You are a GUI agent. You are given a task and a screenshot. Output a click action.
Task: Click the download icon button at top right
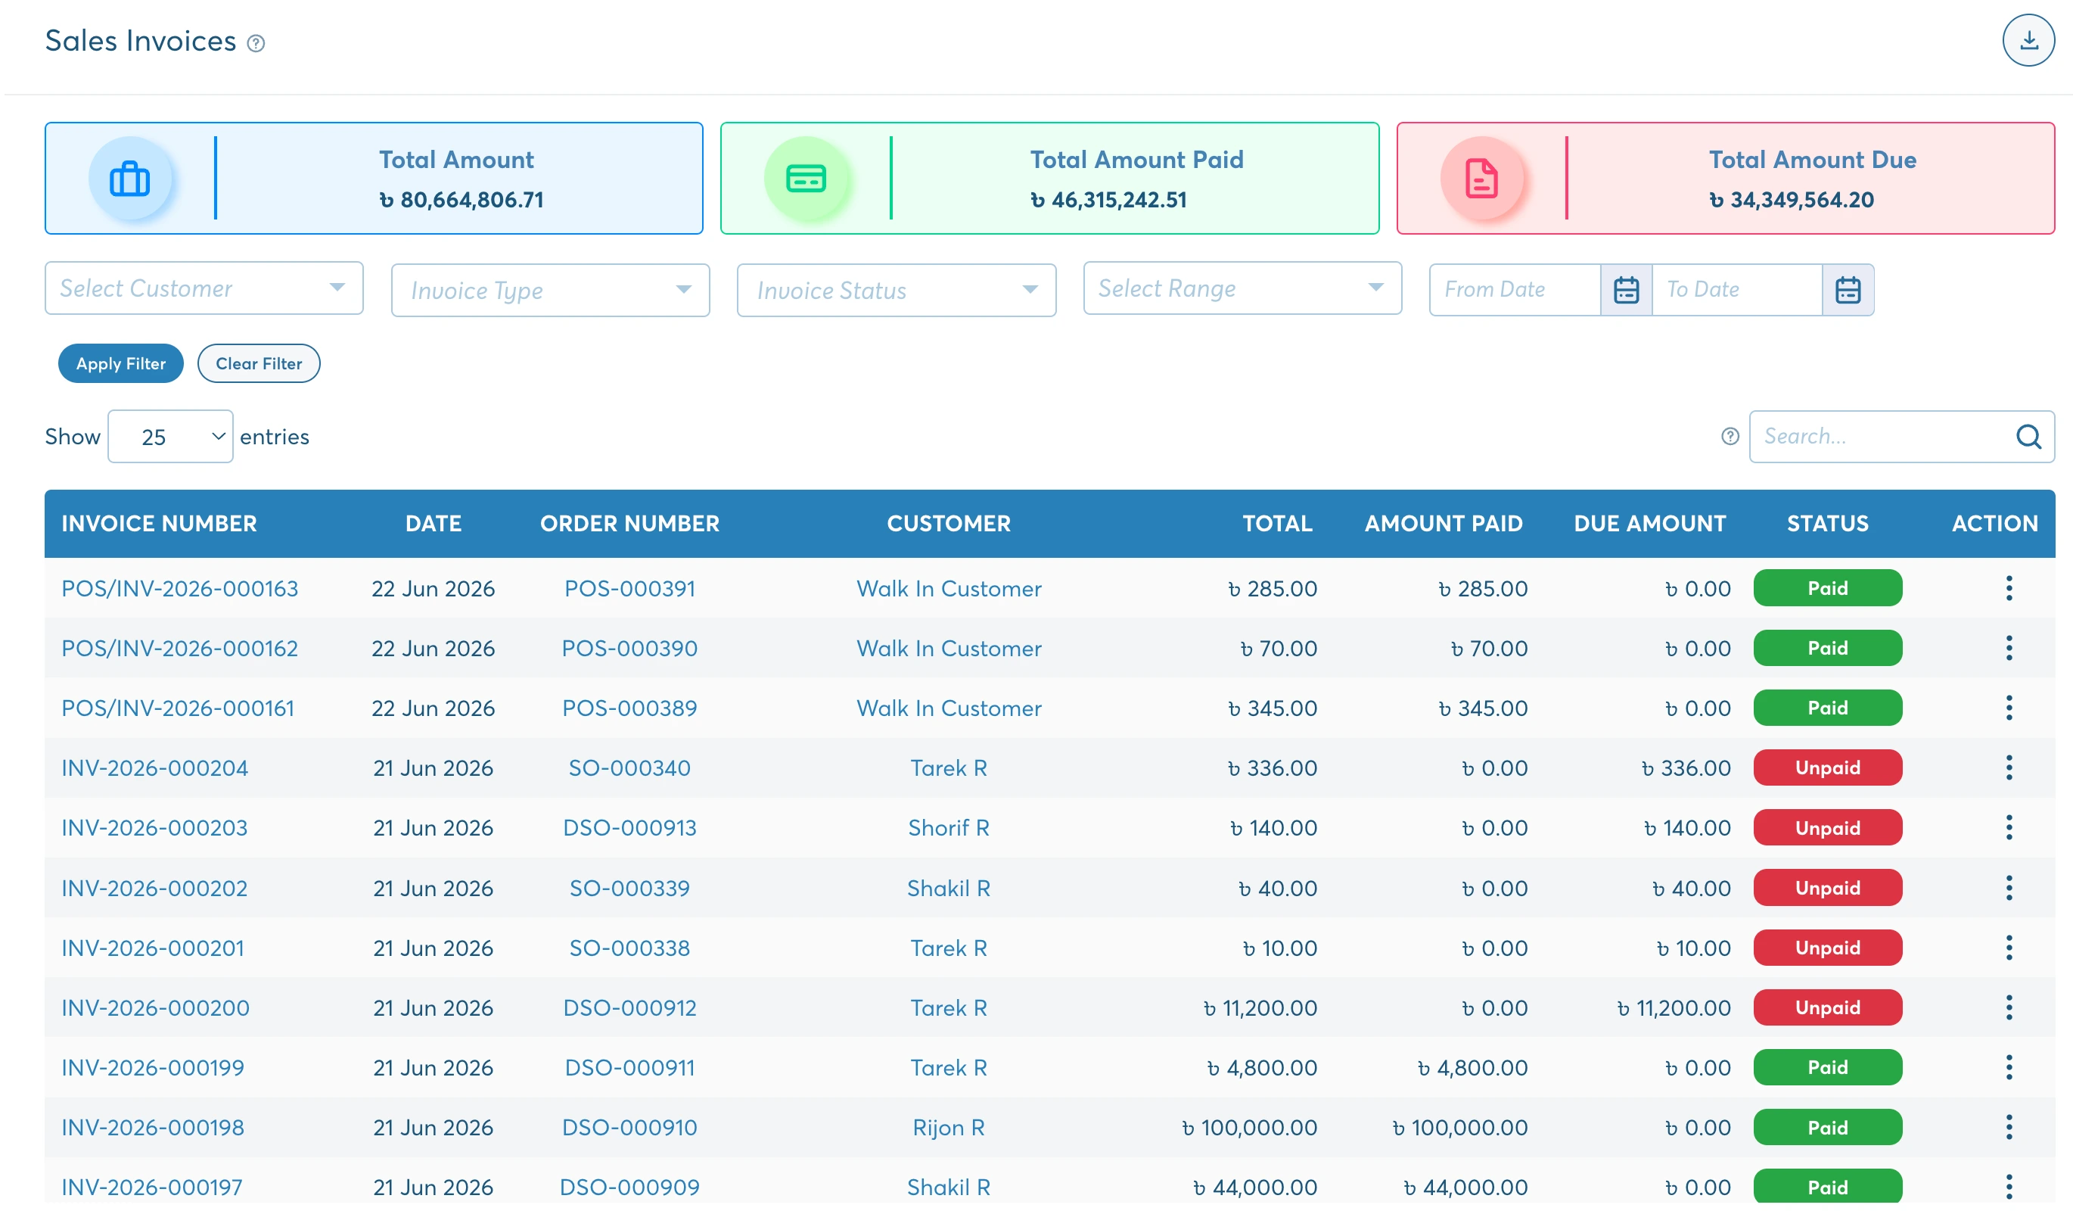pos(2028,40)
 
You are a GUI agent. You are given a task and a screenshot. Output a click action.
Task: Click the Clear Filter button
pos(258,363)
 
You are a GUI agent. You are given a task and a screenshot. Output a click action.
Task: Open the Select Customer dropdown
pos(204,288)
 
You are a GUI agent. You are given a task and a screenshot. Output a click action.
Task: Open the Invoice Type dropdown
pos(550,291)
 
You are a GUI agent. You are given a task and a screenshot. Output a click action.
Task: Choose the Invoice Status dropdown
pos(897,291)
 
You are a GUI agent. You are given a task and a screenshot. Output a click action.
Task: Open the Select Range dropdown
pos(1242,288)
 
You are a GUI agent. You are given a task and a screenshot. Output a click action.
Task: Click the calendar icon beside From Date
pos(1626,290)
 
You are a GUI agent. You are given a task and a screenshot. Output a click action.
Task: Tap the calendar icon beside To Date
pos(1848,290)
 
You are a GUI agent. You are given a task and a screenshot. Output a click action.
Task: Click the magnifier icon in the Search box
pos(2028,437)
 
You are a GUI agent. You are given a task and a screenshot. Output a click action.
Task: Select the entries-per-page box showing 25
pos(170,437)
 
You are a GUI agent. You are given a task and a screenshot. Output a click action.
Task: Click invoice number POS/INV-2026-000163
pos(179,589)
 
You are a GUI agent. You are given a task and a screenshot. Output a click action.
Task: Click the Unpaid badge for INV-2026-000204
pos(1827,768)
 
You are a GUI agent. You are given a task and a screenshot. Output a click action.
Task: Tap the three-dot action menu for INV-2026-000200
pos(2008,1008)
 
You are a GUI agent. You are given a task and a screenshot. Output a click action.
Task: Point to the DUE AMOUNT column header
pos(1649,524)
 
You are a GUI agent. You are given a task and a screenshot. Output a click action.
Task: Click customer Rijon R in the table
pos(949,1128)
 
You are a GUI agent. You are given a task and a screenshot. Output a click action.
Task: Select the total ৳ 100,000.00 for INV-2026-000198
pos(1249,1128)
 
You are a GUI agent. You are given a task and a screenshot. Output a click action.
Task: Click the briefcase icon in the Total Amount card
pos(130,179)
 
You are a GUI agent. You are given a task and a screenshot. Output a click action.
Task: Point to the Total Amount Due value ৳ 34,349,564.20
pos(1791,200)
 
